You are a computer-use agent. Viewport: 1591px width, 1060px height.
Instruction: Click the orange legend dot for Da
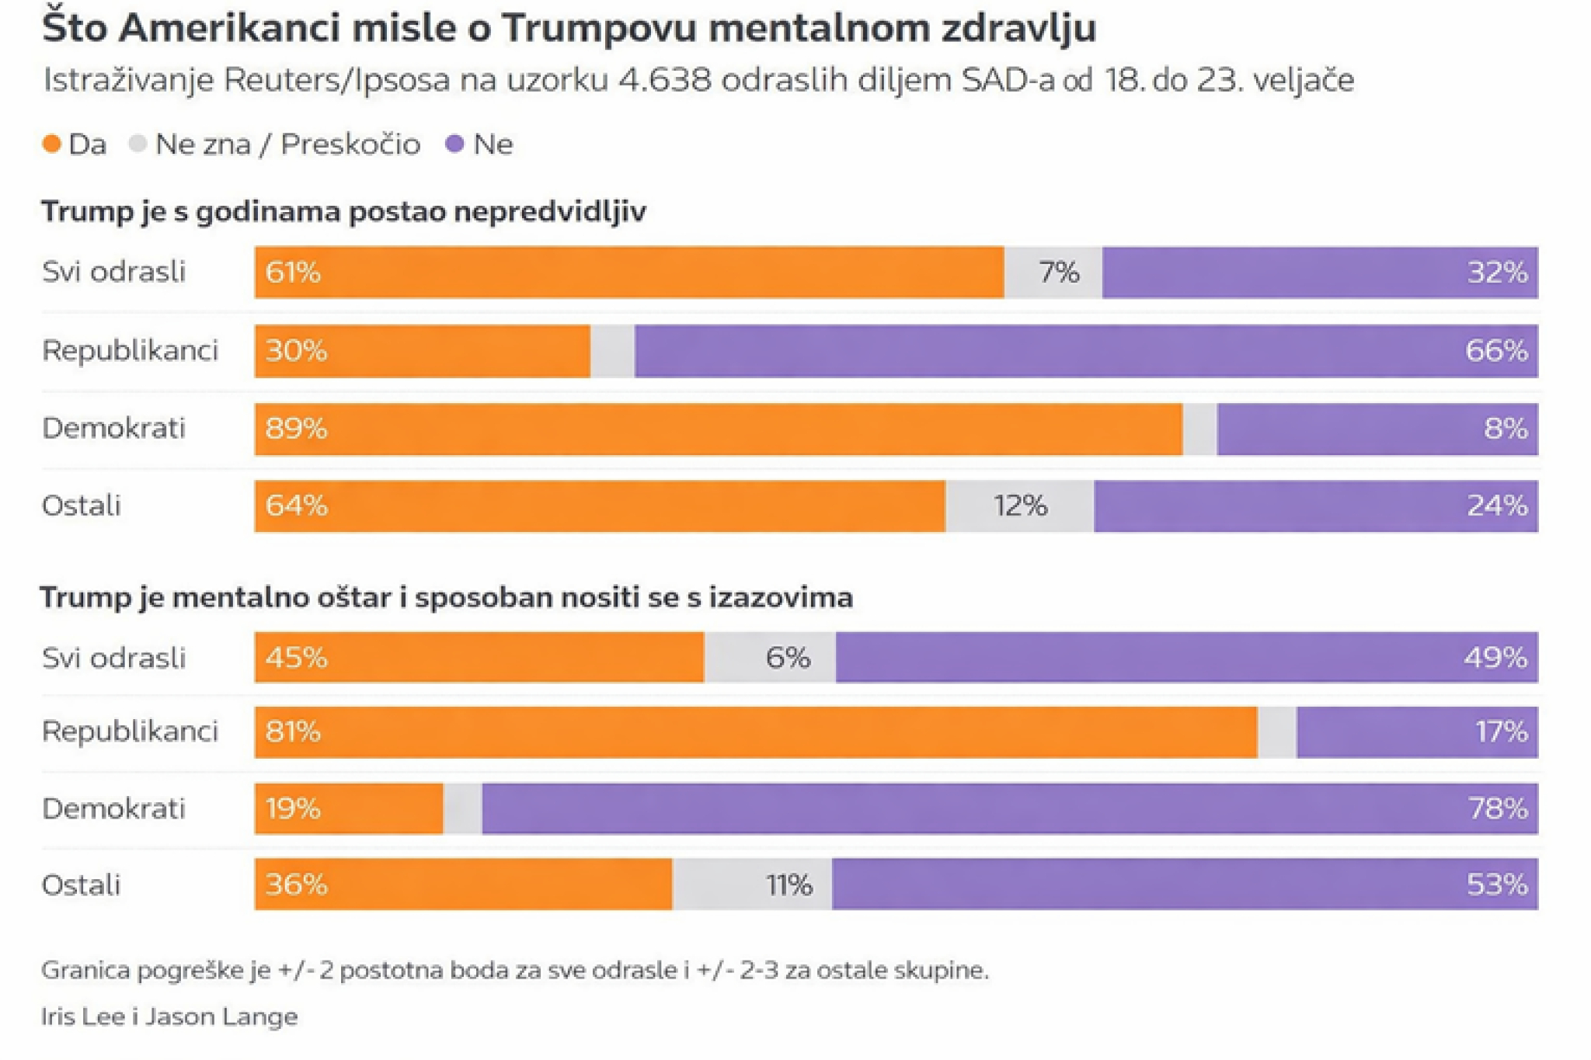pos(52,144)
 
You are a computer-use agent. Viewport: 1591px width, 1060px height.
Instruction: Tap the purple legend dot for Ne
pos(454,144)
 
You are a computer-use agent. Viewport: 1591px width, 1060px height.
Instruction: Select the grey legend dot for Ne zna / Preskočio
pos(138,144)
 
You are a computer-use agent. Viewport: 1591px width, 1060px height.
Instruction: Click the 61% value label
pos(293,273)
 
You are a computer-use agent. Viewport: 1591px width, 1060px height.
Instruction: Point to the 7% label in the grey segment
pos(1059,273)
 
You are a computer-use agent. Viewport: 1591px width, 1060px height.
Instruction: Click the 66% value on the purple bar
pos(1496,351)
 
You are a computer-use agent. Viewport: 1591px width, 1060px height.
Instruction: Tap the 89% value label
pos(296,429)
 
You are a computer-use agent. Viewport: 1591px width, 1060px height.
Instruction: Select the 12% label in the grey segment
pos(1020,506)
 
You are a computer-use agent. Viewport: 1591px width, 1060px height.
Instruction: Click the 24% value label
pos(1497,506)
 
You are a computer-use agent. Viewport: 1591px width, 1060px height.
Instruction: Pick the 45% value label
pos(296,659)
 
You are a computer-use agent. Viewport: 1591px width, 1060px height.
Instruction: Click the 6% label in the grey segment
pos(788,659)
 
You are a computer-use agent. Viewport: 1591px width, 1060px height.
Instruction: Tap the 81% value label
pos(293,732)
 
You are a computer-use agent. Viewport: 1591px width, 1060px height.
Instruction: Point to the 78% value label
pos(1498,809)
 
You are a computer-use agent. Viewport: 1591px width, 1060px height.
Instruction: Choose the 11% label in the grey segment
pos(789,885)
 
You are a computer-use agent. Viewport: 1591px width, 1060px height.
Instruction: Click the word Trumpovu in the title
pos(599,28)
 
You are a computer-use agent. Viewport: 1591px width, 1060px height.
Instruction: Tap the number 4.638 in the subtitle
pos(664,80)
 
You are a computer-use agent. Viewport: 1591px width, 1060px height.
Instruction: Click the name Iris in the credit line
pos(59,1017)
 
